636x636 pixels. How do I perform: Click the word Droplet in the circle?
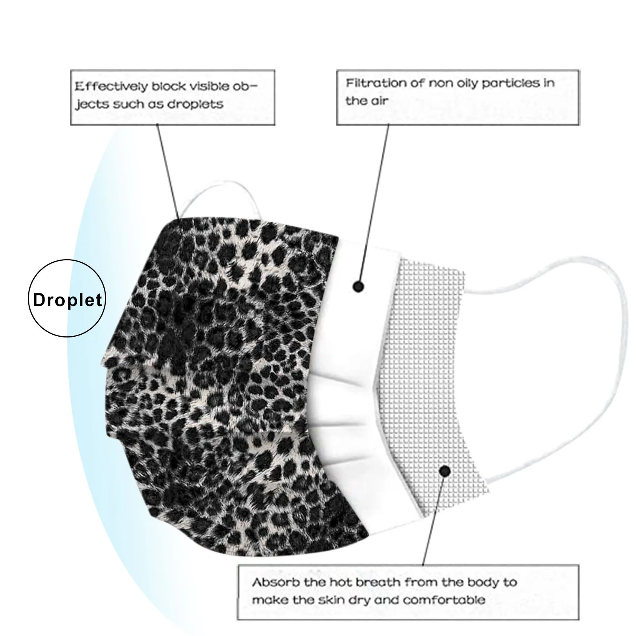(x=68, y=300)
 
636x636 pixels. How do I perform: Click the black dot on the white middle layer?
(x=359, y=286)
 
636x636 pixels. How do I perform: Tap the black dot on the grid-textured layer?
(x=445, y=471)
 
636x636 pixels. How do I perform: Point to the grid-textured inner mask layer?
(x=429, y=358)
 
